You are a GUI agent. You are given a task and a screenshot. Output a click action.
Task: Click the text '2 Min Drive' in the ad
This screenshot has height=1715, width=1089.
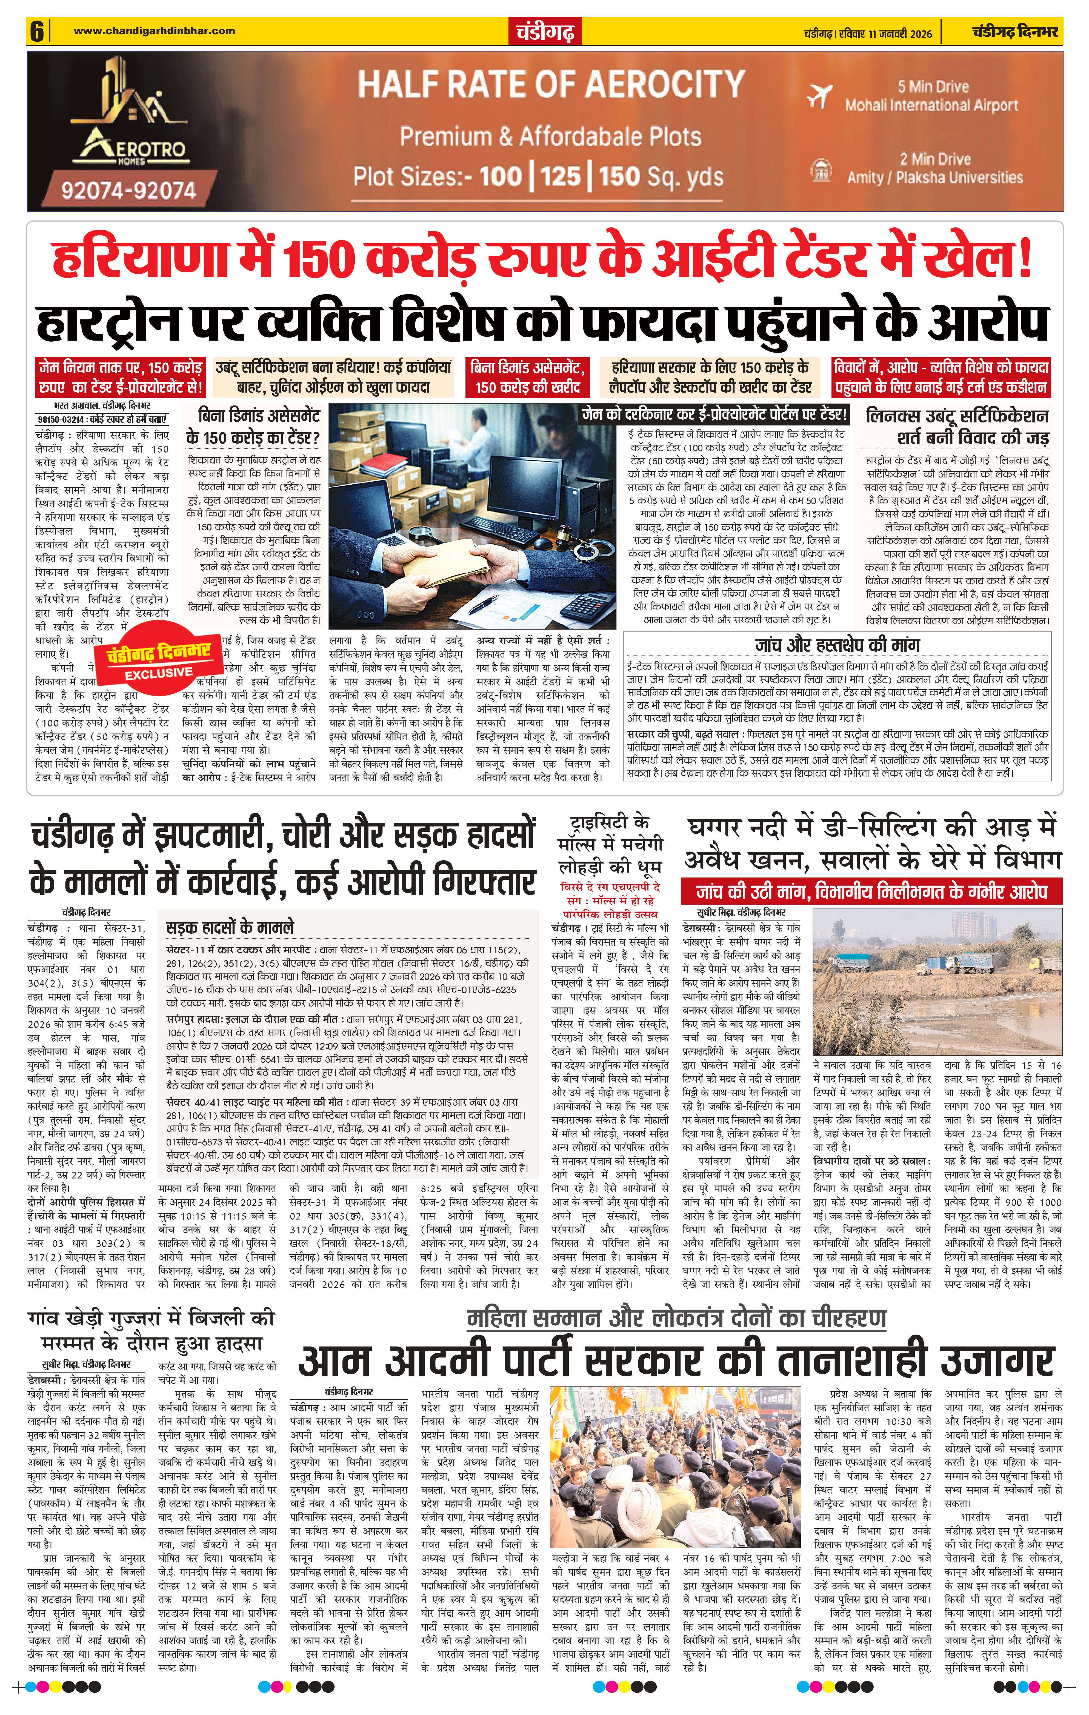934,159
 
